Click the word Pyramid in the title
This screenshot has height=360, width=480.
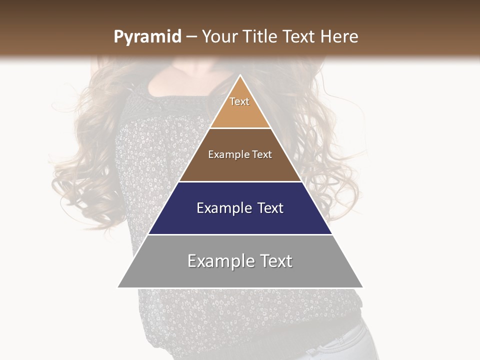click(147, 37)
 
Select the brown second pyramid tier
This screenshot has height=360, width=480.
click(240, 167)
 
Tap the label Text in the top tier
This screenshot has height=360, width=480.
click(239, 101)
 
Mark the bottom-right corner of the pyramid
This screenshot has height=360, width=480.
click(362, 287)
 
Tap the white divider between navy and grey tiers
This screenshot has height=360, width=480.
click(240, 234)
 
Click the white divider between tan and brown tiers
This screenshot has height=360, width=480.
click(240, 128)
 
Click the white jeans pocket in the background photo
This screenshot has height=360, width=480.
click(345, 345)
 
